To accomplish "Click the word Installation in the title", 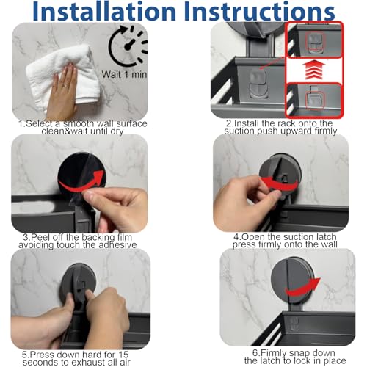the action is (x=104, y=11).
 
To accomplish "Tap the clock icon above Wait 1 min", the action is (x=128, y=46).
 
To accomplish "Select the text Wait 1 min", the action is (x=124, y=74).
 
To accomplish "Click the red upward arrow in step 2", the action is (x=314, y=70).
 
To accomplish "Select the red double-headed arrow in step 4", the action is (x=280, y=184).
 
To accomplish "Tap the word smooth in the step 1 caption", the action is (x=79, y=123).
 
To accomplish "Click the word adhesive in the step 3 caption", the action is (x=117, y=245).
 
